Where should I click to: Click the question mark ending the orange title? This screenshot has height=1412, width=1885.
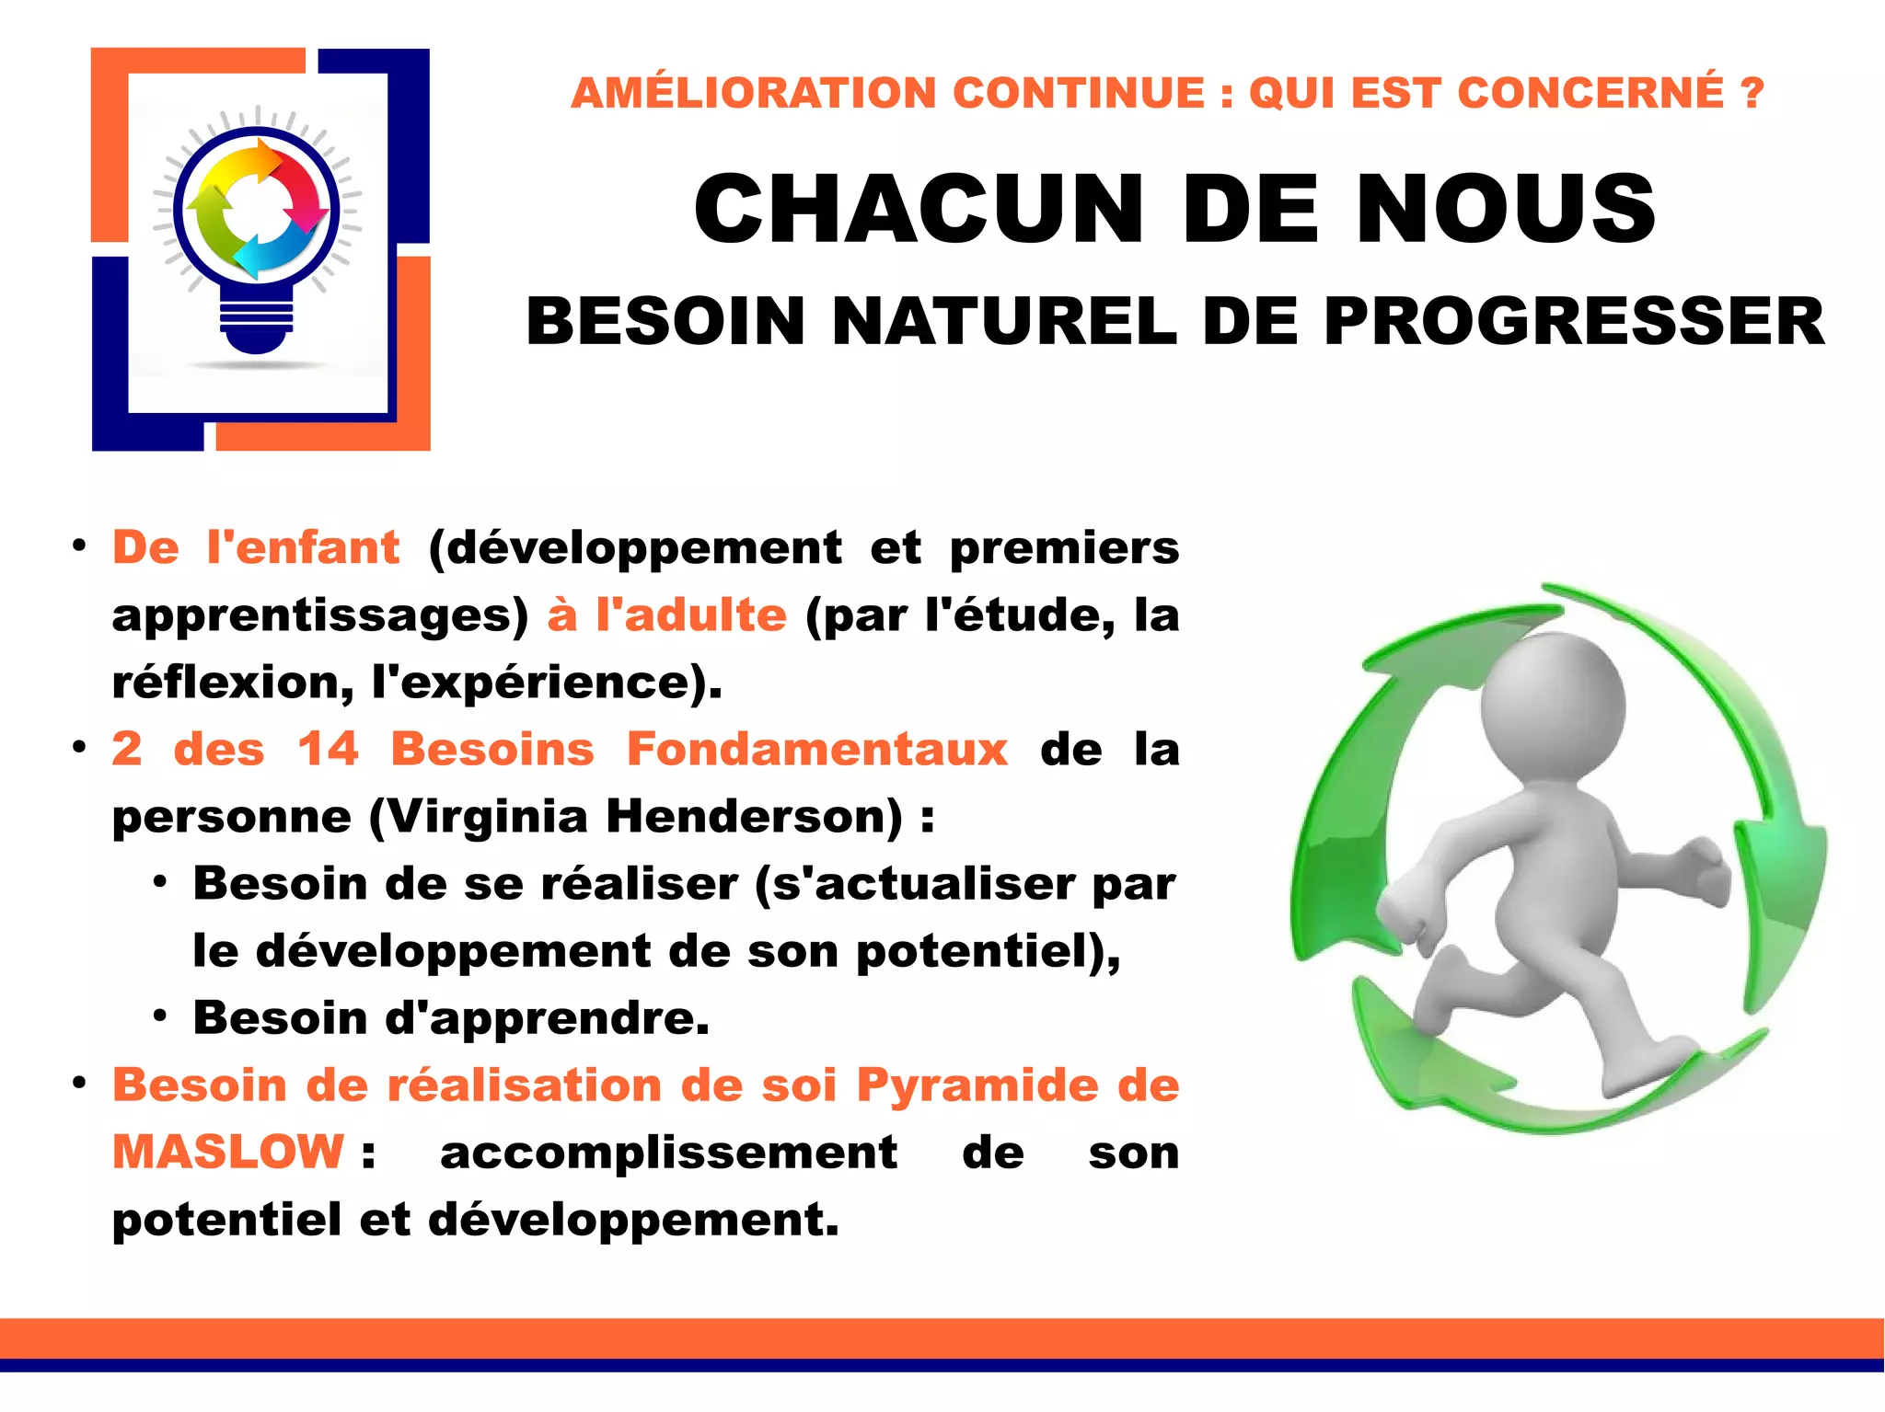click(x=1752, y=93)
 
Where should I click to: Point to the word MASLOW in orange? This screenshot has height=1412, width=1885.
click(x=227, y=1152)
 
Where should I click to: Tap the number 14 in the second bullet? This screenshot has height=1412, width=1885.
click(x=328, y=749)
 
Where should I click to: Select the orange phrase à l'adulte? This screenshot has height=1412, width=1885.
click(x=667, y=614)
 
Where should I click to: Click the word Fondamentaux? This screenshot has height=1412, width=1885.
click(x=817, y=749)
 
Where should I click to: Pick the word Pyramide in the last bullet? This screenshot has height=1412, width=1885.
click(x=977, y=1085)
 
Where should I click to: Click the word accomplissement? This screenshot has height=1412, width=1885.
click(x=669, y=1153)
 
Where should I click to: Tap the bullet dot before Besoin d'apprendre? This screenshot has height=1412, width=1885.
click(x=160, y=1016)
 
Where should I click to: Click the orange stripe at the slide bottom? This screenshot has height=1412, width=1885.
click(x=942, y=1337)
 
